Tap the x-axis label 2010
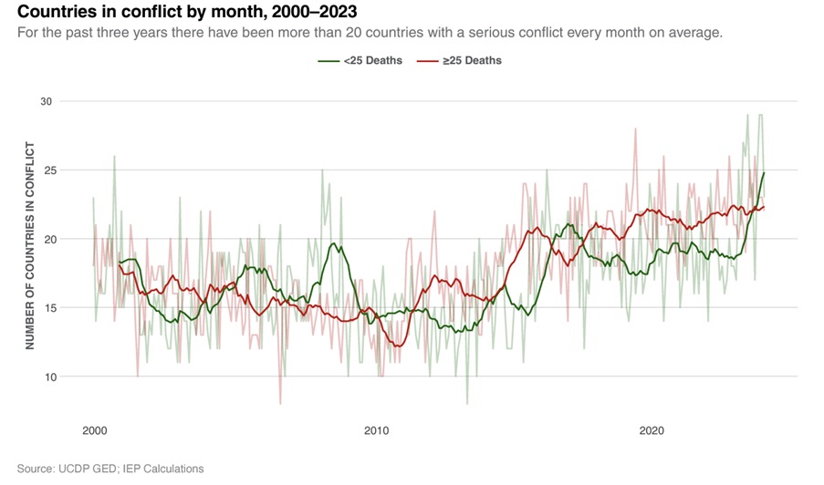(375, 429)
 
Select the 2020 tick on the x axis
(652, 429)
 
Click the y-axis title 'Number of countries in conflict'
(30, 245)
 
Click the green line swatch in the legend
(328, 60)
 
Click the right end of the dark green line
(764, 173)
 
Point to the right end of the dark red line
(764, 207)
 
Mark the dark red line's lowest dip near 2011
(397, 346)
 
